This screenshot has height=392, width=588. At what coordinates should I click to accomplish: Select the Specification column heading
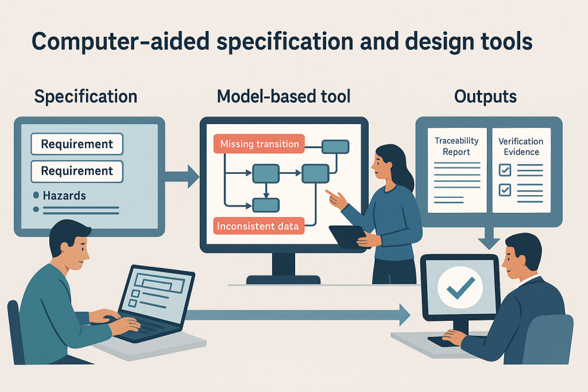tap(86, 96)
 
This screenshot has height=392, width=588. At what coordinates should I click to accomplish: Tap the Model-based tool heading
tap(283, 96)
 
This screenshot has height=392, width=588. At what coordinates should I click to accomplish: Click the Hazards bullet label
tap(64, 196)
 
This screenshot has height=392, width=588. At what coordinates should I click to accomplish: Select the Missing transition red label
tap(259, 144)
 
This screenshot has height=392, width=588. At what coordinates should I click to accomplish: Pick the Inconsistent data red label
tap(259, 226)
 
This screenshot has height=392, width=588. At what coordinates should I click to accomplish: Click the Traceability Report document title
tap(457, 146)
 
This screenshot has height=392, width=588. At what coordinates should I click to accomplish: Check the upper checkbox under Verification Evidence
tap(505, 170)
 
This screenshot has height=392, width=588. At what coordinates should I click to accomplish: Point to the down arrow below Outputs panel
tap(489, 236)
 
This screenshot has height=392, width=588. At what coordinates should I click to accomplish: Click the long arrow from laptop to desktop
tap(299, 314)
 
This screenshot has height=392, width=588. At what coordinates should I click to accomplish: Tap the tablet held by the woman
tap(347, 236)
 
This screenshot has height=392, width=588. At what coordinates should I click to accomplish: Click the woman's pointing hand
tap(335, 199)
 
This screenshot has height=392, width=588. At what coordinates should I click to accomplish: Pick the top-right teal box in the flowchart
tap(335, 146)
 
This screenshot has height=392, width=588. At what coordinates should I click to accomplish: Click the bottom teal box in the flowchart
tap(266, 204)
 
